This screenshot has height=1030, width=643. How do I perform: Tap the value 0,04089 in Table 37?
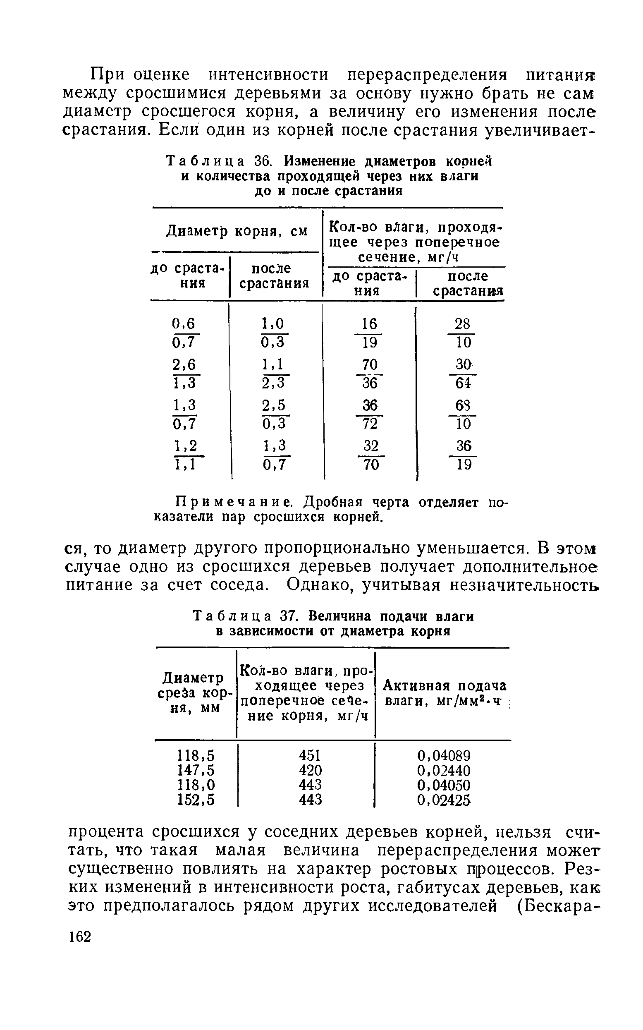[444, 756]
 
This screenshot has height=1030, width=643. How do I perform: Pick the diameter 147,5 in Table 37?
[196, 770]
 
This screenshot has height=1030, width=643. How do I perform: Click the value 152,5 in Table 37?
[196, 800]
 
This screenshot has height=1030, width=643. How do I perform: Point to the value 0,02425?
[444, 800]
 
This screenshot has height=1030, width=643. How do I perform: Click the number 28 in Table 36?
[462, 324]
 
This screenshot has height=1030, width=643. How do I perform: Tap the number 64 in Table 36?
[463, 383]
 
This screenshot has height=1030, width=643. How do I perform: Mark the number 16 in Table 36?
[369, 324]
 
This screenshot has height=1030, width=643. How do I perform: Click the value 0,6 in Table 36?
[184, 324]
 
